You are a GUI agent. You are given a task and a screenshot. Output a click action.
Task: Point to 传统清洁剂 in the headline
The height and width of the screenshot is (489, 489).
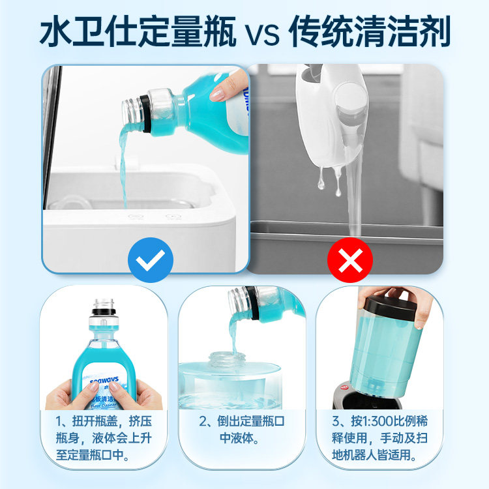pyautogui.click(x=369, y=32)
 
